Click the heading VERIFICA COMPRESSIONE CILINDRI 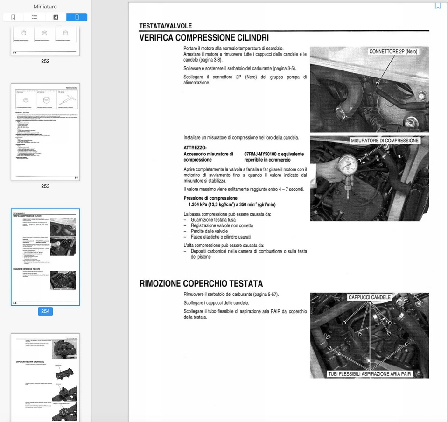204,38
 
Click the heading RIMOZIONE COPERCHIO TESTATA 201,283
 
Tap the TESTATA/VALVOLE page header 165,26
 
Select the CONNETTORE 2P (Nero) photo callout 393,51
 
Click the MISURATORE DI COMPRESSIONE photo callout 385,141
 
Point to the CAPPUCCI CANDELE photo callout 370,297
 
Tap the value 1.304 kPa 201,204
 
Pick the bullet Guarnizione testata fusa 219,220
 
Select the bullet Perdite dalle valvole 209,231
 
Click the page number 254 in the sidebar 45,311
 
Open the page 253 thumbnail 45,132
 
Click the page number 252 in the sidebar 45,61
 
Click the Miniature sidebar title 45,7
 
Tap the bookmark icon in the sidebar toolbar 13,17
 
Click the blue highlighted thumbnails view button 77,17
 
